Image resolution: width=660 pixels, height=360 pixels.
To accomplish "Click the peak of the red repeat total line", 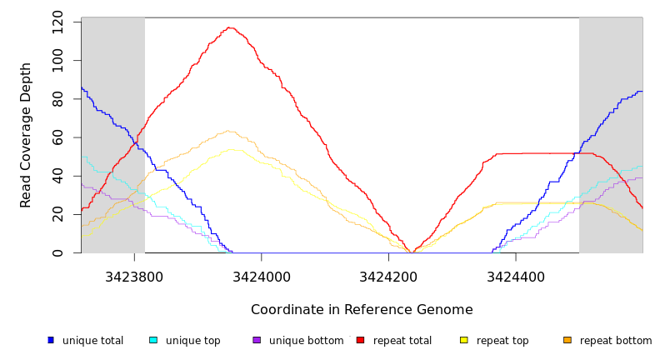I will pos(229,27).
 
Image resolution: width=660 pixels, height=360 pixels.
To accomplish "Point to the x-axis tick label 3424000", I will pos(262,277).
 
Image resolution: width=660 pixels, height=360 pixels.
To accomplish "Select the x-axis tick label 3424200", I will pos(388,277).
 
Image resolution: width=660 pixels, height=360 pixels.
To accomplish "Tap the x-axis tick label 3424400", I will pos(516,277).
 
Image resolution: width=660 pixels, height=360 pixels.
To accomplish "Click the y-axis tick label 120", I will pos(57,22).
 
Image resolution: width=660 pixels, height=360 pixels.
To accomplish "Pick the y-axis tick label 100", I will pos(57,61).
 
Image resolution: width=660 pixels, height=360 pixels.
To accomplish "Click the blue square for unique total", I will pos(51,340).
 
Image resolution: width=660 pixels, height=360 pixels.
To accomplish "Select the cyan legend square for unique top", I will pos(153,340).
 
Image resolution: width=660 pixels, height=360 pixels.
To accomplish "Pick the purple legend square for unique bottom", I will pos(257,340).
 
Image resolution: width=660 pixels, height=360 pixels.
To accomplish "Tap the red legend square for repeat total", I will pos(360,340).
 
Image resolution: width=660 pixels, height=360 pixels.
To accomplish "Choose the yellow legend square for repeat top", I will pos(464,340).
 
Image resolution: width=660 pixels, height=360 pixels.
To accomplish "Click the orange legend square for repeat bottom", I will pos(567,340).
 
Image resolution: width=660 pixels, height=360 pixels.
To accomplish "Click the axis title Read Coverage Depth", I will pos(26,135).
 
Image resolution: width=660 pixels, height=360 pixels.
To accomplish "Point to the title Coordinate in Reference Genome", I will pos(362,310).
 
